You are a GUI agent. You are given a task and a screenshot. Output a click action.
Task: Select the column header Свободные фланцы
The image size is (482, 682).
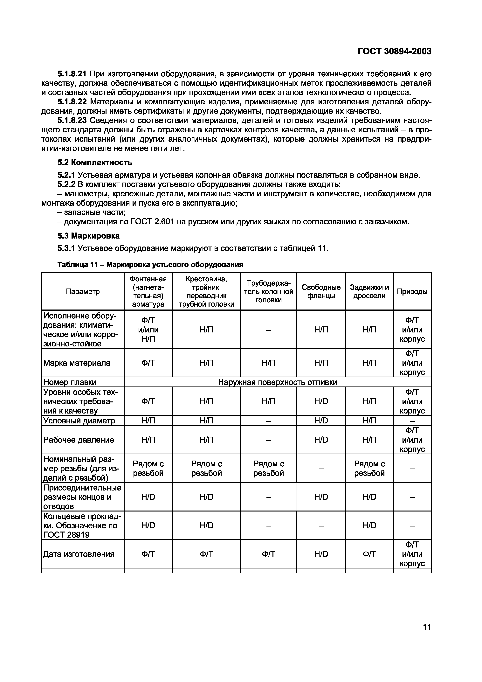coord(321,291)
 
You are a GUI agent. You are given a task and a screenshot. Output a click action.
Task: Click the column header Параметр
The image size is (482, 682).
coord(83,291)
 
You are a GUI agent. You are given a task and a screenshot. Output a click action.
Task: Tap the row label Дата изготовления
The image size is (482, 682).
coord(79,554)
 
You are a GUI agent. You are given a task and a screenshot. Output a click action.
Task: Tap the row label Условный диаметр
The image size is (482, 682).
coord(79,421)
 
